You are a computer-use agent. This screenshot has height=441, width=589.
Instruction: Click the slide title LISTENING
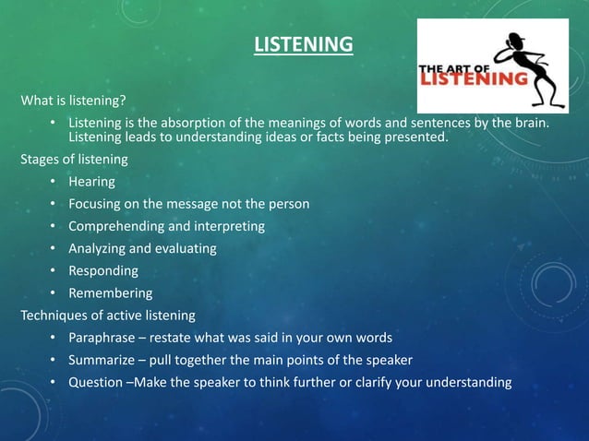coord(304,44)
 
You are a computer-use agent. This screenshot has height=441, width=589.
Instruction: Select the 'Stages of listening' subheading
coord(74,159)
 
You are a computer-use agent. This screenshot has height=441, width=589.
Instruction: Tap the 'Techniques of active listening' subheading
coord(108,315)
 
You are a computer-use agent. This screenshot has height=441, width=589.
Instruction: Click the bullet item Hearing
coord(91,181)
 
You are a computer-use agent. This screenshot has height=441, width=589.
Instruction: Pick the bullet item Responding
coord(103,270)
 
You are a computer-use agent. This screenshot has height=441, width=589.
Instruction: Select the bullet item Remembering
coord(110,292)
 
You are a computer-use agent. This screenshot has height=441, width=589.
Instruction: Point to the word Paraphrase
coord(102,337)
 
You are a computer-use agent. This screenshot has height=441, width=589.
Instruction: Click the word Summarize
coord(102,359)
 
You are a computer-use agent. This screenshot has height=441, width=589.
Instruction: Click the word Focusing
coord(97,203)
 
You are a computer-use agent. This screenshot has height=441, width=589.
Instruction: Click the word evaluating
coord(187,248)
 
